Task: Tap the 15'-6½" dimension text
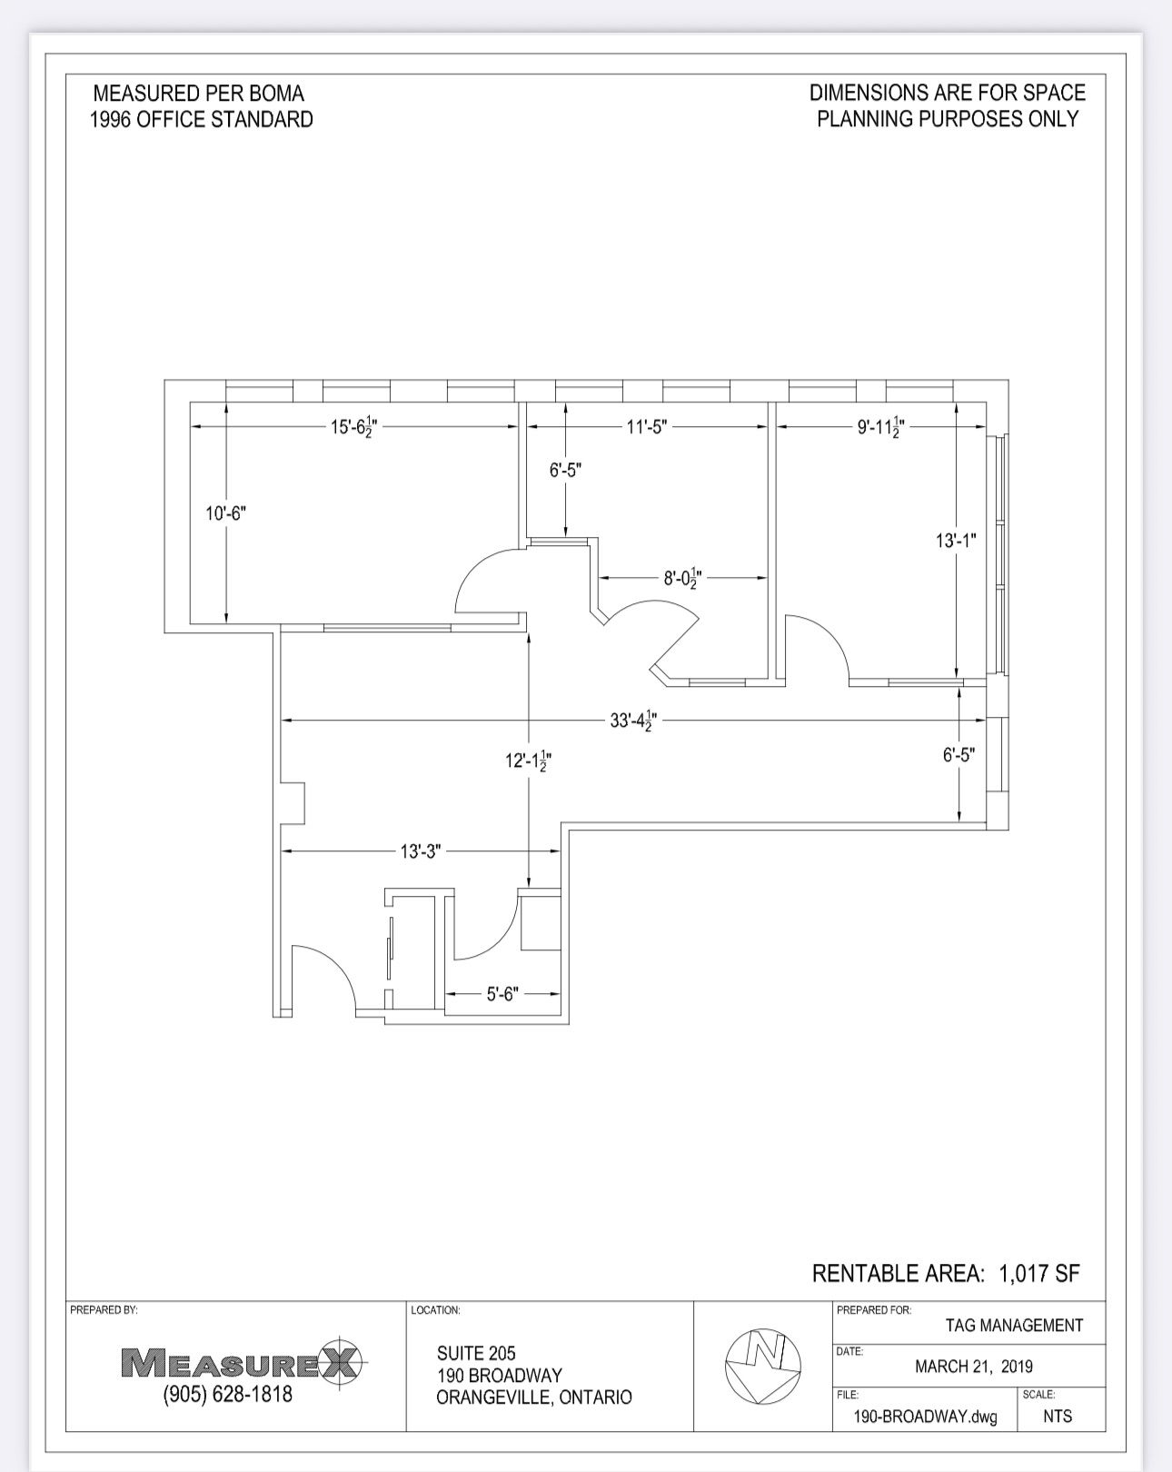click(x=353, y=427)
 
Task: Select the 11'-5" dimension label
click(x=647, y=427)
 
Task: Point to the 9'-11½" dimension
click(x=881, y=427)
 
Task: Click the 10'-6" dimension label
click(x=226, y=513)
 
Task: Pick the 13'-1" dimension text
click(x=956, y=541)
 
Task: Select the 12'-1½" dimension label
click(x=528, y=760)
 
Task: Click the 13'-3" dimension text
click(x=421, y=851)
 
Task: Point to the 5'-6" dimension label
click(x=503, y=994)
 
